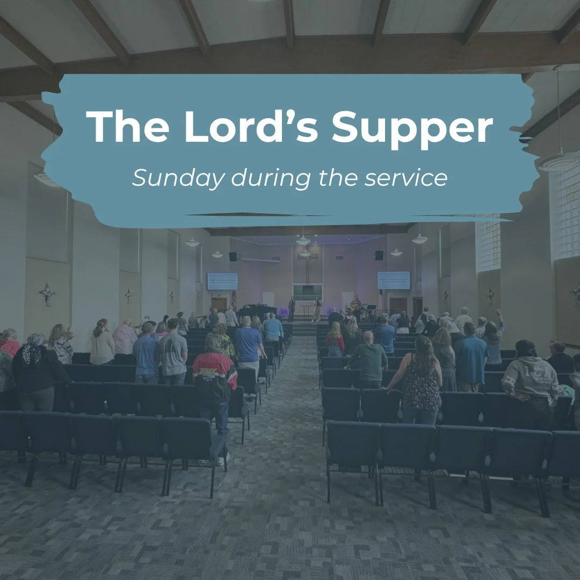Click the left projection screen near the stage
[222, 280]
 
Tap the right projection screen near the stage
[393, 280]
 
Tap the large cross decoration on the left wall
[47, 294]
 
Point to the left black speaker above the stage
[233, 256]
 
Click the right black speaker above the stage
[379, 255]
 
